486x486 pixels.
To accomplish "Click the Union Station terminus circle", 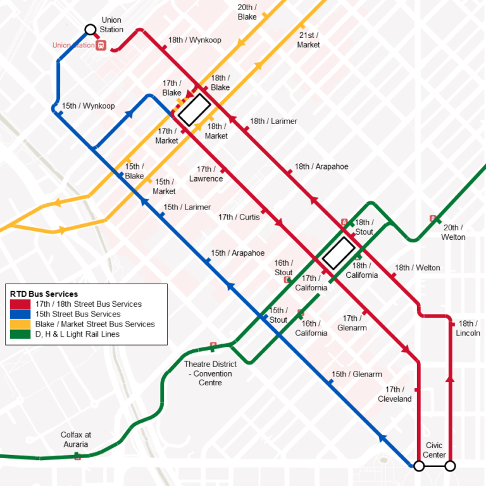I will pos(90,29).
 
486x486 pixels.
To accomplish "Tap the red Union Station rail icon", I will pos(101,46).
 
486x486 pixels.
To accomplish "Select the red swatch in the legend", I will pos(17,304).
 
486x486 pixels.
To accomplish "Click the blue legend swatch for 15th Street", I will pos(17,314).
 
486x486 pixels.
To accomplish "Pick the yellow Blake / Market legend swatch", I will pos(17,324).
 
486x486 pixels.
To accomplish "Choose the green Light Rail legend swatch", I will pos(17,334).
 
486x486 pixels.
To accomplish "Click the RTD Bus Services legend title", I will pos(44,294).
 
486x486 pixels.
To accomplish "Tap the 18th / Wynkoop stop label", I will pos(195,40).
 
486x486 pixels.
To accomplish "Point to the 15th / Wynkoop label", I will pos(89,106).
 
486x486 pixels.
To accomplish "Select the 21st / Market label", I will pos(309,40).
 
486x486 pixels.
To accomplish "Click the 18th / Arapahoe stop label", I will pos(321,166).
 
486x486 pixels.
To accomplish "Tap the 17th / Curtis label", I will pos(239,217).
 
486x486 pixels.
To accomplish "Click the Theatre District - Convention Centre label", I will pos(210,373).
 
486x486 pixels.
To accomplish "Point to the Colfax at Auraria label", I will pos(76,439).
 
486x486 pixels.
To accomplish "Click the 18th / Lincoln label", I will pos(468,328).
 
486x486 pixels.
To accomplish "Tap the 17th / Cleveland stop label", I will pos(395,394).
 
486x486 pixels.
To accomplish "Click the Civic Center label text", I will pos(434,450).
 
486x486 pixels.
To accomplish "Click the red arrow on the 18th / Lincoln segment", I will pos(450,378).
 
